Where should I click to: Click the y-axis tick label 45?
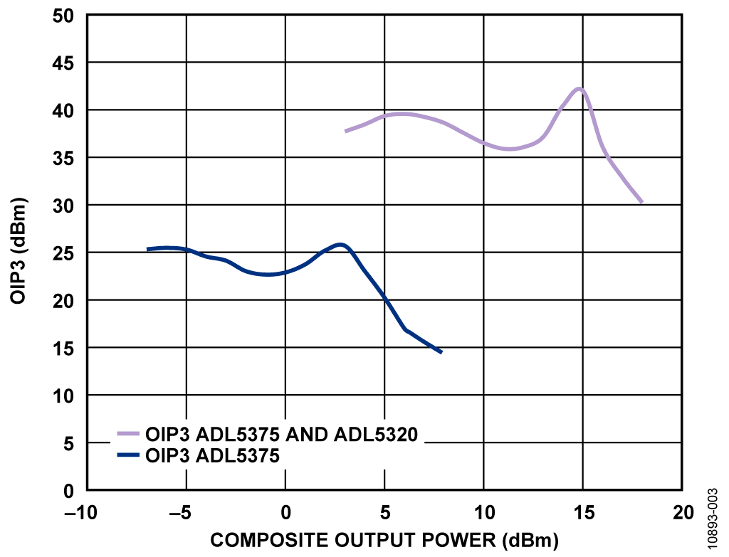[x=63, y=63]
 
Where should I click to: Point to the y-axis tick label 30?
[x=63, y=206]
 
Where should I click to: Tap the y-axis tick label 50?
[x=63, y=16]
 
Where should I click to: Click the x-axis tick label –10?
[x=81, y=513]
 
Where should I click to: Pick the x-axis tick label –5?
[x=181, y=513]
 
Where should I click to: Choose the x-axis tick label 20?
[x=683, y=513]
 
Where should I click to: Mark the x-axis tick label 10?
[x=484, y=513]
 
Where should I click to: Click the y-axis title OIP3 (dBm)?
[x=18, y=251]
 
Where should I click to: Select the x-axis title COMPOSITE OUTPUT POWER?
[x=353, y=540]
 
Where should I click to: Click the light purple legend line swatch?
[x=128, y=434]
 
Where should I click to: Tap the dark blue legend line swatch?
[x=128, y=455]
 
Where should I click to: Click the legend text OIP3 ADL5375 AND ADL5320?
[x=282, y=435]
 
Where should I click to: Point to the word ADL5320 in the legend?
[x=376, y=435]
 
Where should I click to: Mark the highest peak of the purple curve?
[x=579, y=88]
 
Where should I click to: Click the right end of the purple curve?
[x=641, y=202]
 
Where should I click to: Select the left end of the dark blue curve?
[x=148, y=250]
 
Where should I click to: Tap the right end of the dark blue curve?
[x=441, y=352]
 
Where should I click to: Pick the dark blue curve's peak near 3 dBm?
[x=341, y=245]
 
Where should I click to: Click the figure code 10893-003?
[x=713, y=518]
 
